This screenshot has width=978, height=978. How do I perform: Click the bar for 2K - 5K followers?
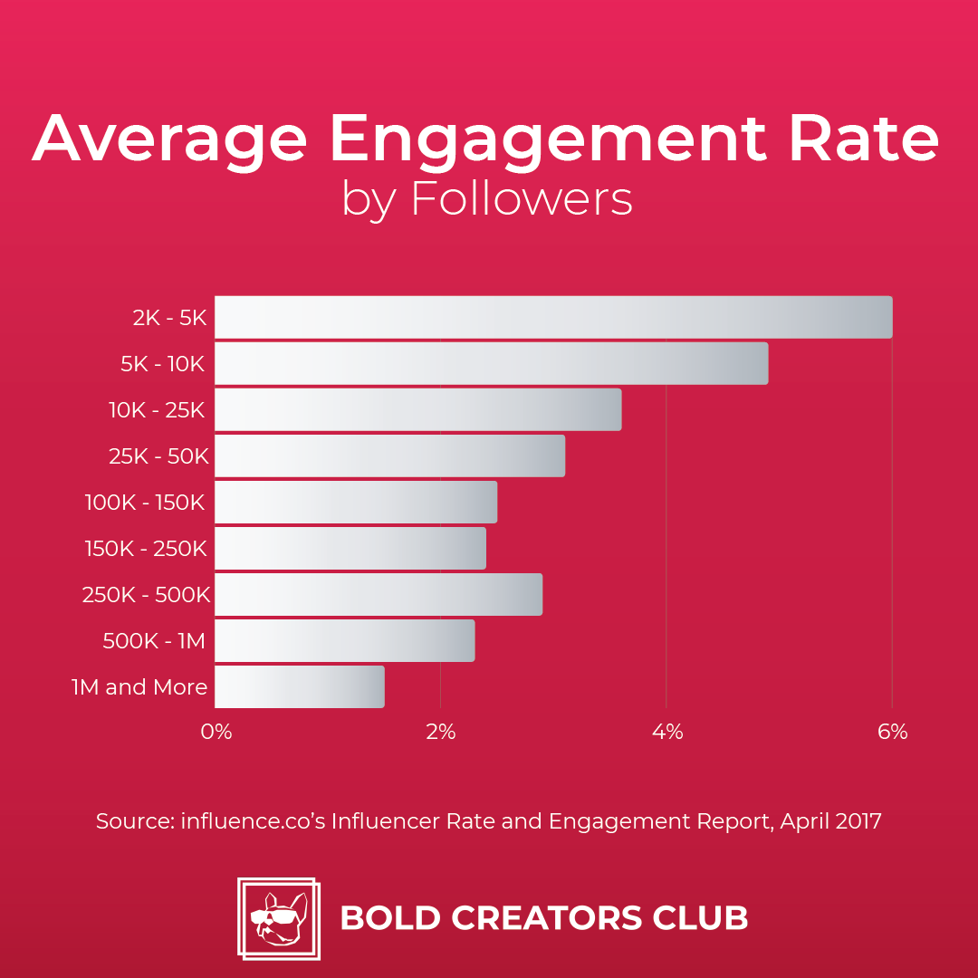(552, 317)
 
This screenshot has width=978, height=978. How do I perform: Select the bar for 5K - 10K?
(491, 363)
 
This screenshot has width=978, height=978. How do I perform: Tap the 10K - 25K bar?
(417, 409)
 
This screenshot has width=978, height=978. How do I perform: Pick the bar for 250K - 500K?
(378, 594)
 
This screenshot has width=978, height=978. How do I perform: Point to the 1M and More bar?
(299, 686)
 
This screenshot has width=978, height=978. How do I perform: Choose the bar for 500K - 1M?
(344, 640)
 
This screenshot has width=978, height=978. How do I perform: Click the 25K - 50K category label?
(158, 456)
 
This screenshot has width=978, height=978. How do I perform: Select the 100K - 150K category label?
(145, 503)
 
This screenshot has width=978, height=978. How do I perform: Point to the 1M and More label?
(139, 687)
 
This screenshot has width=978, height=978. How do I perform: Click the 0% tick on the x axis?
(216, 732)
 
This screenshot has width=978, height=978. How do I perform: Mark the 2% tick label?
(441, 732)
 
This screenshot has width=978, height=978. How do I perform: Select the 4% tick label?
(667, 732)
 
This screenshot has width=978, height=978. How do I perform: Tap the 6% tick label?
(893, 732)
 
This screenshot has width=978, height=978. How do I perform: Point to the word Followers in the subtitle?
(522, 199)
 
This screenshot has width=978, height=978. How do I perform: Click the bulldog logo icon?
(278, 918)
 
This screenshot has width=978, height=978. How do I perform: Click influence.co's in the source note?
(253, 822)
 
